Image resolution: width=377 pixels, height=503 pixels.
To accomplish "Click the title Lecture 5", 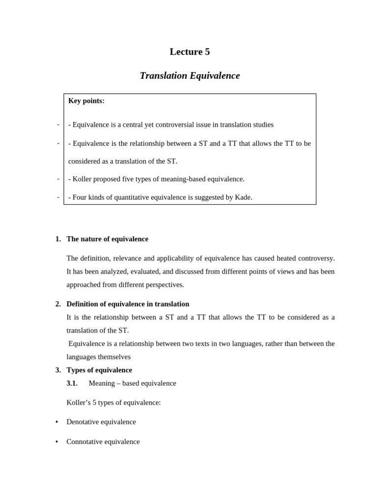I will (189, 52).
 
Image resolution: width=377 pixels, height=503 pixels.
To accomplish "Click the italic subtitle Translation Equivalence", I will (189, 76).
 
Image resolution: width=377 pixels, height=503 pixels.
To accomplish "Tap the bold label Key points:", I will (86, 101).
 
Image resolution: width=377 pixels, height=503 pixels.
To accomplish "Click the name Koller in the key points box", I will (82, 179).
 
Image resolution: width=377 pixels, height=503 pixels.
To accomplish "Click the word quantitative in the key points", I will (135, 197).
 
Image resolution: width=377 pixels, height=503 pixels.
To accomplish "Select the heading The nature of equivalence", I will (107, 239).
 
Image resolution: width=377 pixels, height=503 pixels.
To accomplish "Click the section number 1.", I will (58, 239).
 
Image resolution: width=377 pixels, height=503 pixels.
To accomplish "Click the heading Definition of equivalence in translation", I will (128, 304).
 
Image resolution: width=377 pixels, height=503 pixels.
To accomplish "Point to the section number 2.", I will (58, 304).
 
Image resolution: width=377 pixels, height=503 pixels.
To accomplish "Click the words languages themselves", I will (99, 357).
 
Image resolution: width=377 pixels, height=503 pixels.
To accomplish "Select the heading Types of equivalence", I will (99, 370).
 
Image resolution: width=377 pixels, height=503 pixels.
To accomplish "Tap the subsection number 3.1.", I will (72, 383).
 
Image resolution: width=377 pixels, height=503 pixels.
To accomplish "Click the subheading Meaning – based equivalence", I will (132, 383).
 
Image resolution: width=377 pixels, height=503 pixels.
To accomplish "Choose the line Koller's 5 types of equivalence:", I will (113, 402).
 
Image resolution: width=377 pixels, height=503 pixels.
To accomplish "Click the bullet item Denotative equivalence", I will (101, 422).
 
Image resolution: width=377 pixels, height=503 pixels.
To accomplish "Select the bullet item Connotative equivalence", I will (103, 442).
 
